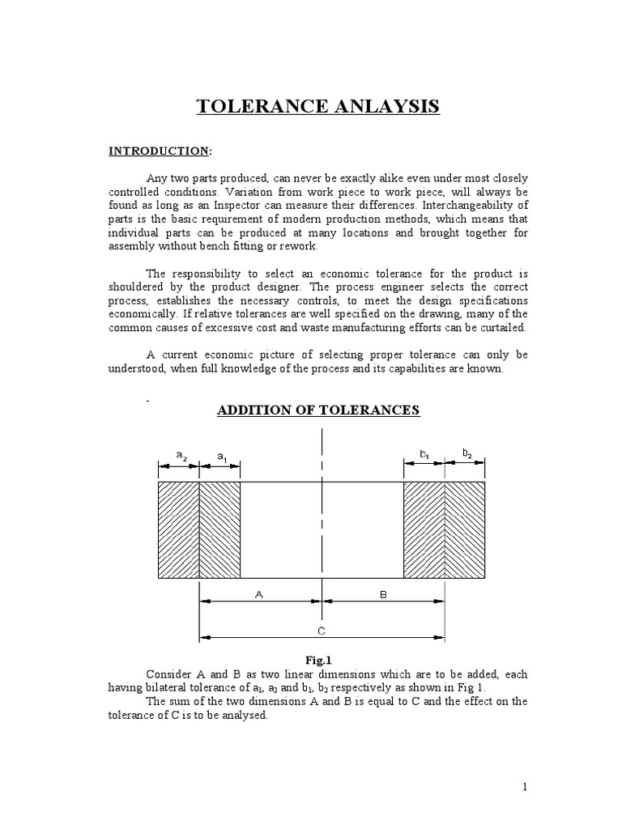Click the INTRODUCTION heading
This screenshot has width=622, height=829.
(x=159, y=151)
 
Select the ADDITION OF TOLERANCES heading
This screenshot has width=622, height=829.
(x=317, y=410)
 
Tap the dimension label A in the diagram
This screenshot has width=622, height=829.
(x=259, y=594)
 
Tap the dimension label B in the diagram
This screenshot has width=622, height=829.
(x=384, y=594)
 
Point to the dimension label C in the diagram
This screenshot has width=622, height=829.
(x=322, y=630)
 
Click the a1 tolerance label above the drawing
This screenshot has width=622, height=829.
(x=220, y=457)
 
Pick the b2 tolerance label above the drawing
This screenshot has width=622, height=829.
(x=466, y=453)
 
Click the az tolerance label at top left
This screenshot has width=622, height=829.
(x=181, y=456)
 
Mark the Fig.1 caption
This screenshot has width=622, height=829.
(x=322, y=661)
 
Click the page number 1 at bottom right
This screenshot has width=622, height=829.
(x=525, y=786)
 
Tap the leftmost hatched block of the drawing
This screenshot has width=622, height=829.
(x=179, y=530)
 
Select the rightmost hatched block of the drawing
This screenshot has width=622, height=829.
(x=465, y=530)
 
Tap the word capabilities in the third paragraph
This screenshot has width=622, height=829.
(x=406, y=368)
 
